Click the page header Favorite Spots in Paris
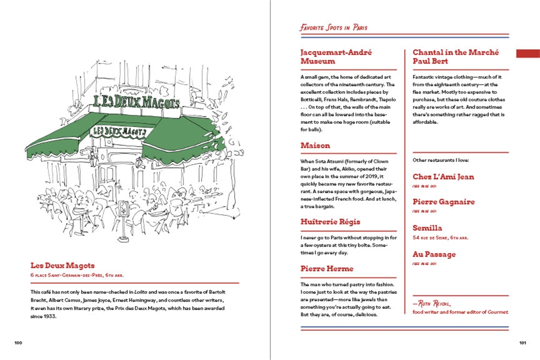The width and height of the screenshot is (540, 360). [x=334, y=28]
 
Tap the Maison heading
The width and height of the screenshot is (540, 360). [x=315, y=145]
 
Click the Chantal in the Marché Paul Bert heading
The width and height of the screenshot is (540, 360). [x=458, y=57]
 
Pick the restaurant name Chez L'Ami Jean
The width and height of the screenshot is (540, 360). [x=443, y=177]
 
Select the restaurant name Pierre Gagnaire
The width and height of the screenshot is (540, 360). [x=444, y=202]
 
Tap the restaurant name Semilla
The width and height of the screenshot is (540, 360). [x=427, y=228]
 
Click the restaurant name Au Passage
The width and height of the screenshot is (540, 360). [x=434, y=254]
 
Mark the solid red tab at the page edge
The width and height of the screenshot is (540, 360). [x=528, y=53]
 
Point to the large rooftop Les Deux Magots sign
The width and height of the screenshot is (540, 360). [x=136, y=102]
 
